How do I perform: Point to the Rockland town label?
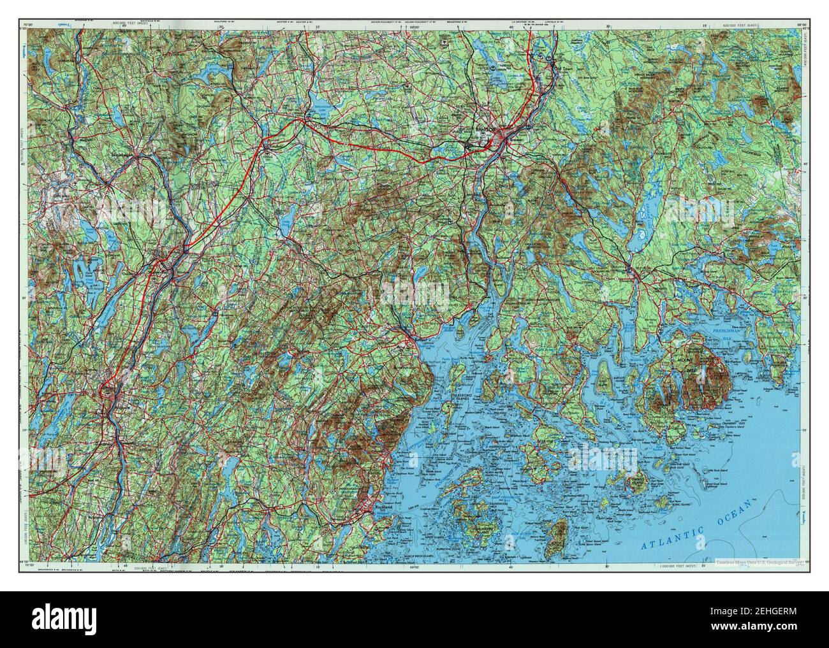click(x=383, y=507)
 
